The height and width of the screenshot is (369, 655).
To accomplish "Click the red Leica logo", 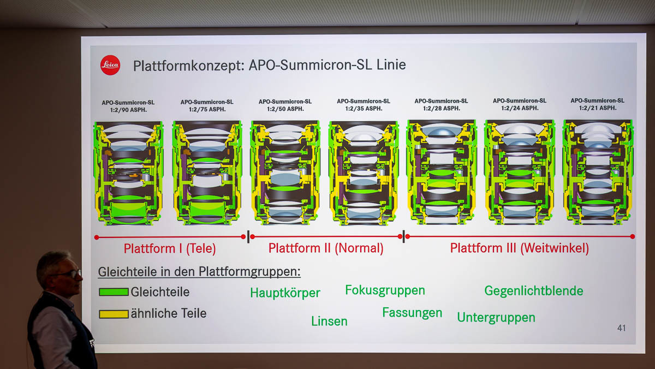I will (x=110, y=65).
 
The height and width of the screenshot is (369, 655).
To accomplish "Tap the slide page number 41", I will (x=621, y=328).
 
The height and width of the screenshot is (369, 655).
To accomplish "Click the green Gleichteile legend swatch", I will (x=114, y=292).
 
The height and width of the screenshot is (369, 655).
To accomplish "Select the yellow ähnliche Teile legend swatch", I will (x=114, y=314).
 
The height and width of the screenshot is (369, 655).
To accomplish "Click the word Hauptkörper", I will (x=285, y=293).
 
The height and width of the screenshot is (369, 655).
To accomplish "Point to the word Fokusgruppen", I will (x=385, y=290).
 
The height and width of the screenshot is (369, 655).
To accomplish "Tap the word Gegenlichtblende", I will (x=533, y=291).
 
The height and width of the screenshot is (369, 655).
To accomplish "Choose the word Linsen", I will (x=329, y=321).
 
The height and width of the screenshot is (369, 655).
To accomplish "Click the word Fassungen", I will (x=412, y=313).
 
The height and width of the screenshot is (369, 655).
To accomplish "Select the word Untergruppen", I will (x=496, y=317).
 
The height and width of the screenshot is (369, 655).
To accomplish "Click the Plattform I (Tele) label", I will (x=170, y=249).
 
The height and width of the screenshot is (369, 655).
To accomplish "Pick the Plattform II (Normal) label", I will (x=326, y=248).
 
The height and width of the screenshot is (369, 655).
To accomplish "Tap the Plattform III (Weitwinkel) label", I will (x=519, y=248).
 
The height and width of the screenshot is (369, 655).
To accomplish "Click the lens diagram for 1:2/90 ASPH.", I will (x=129, y=173).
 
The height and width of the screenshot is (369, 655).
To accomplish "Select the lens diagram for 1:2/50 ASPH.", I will (x=285, y=172).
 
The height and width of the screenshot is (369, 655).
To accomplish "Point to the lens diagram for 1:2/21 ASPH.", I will (x=598, y=172).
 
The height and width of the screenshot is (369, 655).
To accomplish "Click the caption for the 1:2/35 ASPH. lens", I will (x=364, y=104).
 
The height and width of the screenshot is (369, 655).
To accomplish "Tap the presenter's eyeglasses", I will (x=70, y=273).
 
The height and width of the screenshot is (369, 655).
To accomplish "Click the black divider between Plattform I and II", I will (x=248, y=237).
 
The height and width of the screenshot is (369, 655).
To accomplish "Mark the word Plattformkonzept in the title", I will (x=188, y=66).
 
